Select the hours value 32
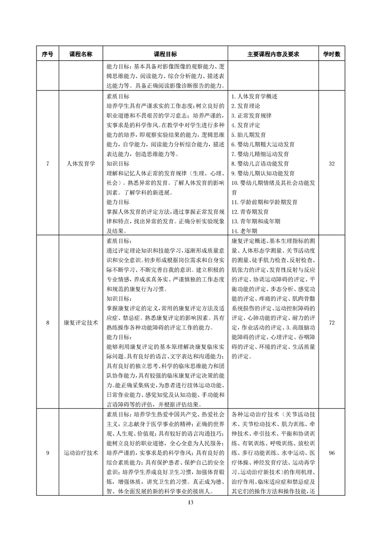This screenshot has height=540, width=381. pos(331,164)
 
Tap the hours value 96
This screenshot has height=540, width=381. pos(331,453)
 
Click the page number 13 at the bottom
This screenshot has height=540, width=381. pos(190,502)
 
